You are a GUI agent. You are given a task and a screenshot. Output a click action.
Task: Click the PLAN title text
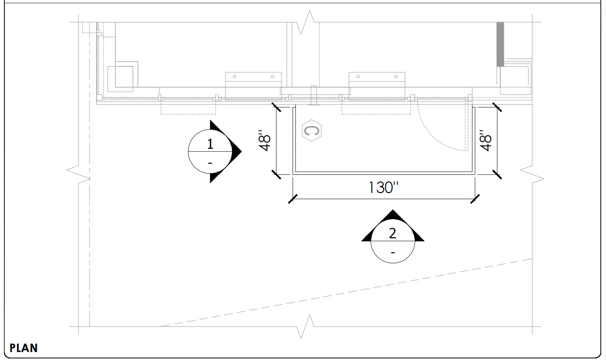[x=23, y=348]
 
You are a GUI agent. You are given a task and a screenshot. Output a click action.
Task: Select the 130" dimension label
[x=384, y=187]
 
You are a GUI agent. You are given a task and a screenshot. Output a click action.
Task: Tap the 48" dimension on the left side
[x=264, y=140]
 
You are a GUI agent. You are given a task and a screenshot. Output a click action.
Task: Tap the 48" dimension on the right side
[x=486, y=140]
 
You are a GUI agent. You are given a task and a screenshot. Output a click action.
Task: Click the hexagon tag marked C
[x=312, y=130]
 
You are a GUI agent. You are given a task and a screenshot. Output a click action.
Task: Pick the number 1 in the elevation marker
[x=210, y=144]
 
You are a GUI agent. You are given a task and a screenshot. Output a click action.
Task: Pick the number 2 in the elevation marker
[x=392, y=234]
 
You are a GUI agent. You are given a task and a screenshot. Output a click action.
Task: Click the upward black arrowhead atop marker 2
[x=393, y=215]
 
